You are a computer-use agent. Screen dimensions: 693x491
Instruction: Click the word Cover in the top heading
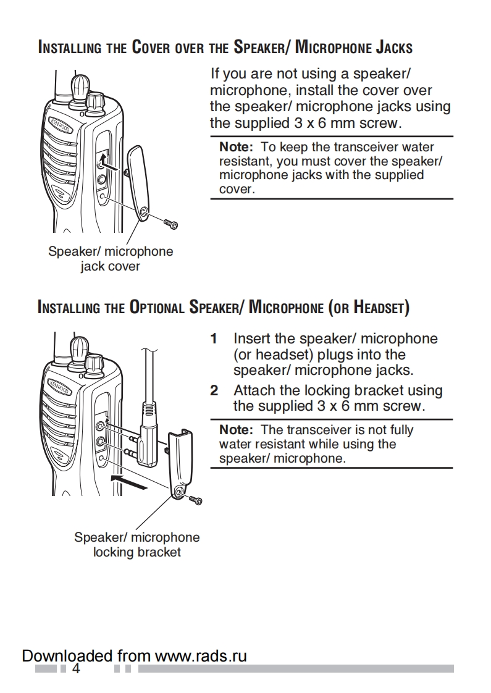coord(149,47)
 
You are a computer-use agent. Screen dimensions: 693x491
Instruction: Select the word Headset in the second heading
coord(378,307)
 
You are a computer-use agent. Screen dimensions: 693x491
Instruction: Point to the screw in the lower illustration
coord(196,499)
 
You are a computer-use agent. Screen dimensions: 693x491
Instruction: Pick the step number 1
coord(214,338)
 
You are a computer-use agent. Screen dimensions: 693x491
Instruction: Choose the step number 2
coord(214,390)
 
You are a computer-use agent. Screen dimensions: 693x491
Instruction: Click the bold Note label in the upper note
coord(237,147)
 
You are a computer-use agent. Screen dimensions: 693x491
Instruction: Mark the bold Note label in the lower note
coord(237,430)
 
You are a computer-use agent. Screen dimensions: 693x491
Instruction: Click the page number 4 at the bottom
coord(77,669)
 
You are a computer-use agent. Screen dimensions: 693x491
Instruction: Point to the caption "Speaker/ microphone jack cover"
coord(111,259)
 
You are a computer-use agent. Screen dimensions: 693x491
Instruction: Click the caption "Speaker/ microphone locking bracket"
coord(136,544)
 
